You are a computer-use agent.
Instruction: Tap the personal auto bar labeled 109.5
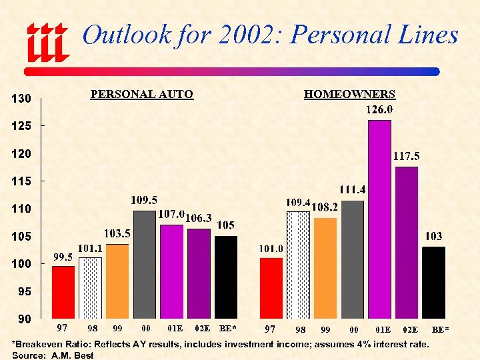pos(144,264)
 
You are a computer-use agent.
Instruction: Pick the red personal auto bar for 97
pos(63,292)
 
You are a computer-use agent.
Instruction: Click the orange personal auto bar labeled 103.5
pos(117,281)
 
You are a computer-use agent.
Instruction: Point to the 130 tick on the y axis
pos(22,99)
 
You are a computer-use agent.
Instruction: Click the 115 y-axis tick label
pos(22,181)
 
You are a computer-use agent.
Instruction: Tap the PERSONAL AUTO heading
pos(141,95)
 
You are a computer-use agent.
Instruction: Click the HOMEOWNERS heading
pos(349,95)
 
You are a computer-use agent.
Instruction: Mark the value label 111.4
pos(353,190)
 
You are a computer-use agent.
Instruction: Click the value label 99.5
pos(63,257)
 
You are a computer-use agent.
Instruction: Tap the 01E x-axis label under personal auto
pos(175,328)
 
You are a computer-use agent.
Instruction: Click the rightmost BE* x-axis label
pos(440,329)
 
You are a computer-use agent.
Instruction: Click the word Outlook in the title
pos(126,35)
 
